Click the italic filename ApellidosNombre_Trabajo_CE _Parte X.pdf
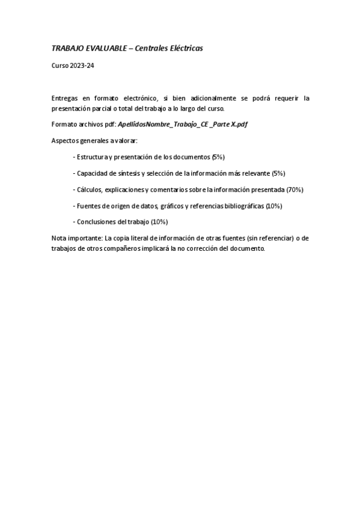tap(183, 124)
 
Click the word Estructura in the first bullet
tap(91, 156)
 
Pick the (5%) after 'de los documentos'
tap(218, 156)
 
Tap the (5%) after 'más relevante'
tap(278, 173)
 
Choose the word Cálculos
tap(89, 189)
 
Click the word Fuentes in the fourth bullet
tap(88, 206)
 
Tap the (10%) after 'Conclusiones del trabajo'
tap(159, 222)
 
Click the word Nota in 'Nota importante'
tap(59, 238)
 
